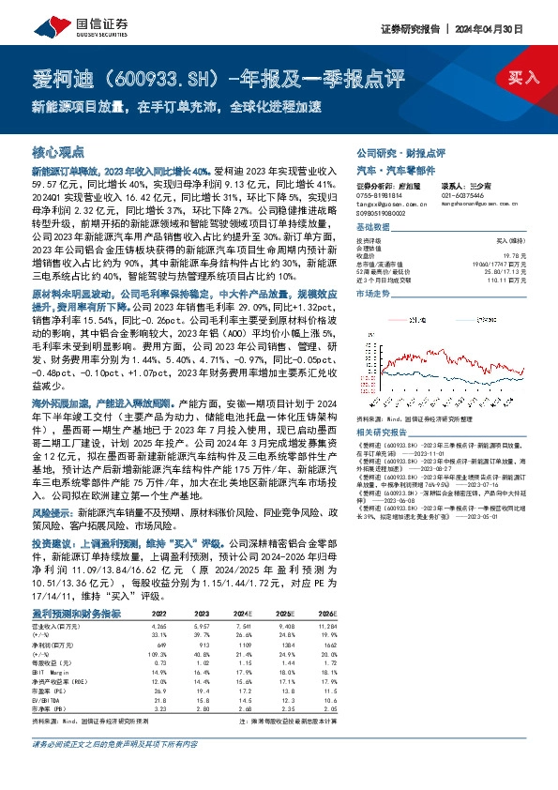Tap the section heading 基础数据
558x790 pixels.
pos(374,228)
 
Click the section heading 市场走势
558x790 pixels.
pos(374,294)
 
